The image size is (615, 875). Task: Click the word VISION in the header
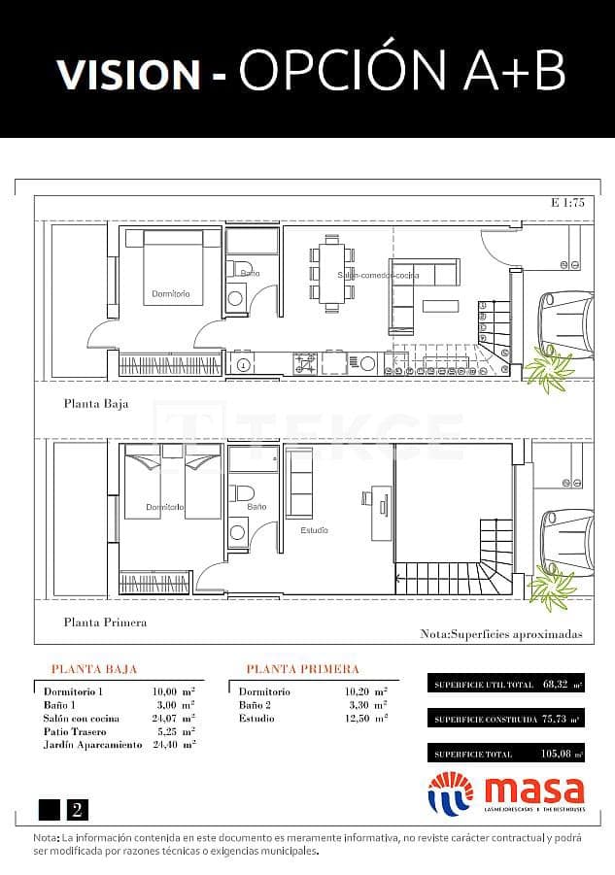click(x=127, y=75)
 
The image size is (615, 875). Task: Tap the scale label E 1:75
click(x=566, y=204)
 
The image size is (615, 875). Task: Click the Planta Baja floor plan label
click(x=95, y=403)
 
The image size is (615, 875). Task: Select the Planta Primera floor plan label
click(x=105, y=623)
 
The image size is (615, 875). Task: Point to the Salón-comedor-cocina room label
click(x=378, y=276)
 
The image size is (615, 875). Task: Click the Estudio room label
click(x=314, y=530)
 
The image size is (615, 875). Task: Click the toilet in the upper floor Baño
click(x=246, y=491)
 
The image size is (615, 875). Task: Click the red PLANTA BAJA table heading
click(x=93, y=669)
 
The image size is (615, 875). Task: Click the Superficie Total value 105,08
click(x=553, y=754)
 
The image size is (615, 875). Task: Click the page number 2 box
click(x=76, y=809)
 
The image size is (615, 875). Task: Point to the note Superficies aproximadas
click(x=500, y=633)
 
